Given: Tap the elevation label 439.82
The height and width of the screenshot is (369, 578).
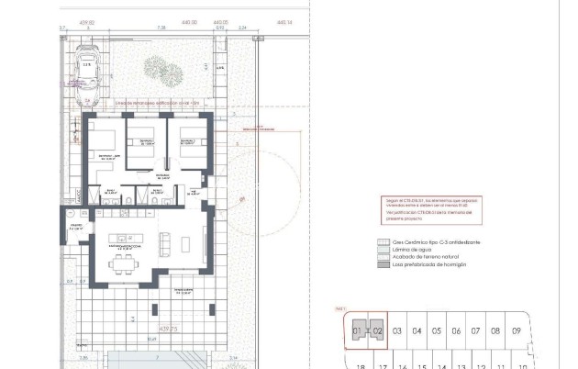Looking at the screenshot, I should pyautogui.click(x=87, y=20).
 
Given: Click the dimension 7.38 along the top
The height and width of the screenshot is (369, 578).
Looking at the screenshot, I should pyautogui.click(x=161, y=28).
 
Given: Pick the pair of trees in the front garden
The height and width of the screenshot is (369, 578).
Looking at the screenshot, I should pyautogui.click(x=158, y=71).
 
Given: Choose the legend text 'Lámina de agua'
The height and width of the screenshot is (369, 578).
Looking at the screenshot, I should pyautogui.click(x=410, y=250).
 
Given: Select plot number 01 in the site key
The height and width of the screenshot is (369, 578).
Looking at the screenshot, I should pyautogui.click(x=357, y=330).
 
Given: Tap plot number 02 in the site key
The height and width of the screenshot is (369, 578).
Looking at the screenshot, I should pyautogui.click(x=376, y=330).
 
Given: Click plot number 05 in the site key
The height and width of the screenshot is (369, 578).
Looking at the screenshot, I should pyautogui.click(x=437, y=330).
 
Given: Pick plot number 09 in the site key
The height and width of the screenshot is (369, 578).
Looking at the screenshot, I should pyautogui.click(x=517, y=330).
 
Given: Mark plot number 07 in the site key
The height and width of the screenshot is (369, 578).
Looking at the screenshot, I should pyautogui.click(x=476, y=330).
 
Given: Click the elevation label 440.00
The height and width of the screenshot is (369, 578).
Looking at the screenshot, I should pyautogui.click(x=189, y=20).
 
